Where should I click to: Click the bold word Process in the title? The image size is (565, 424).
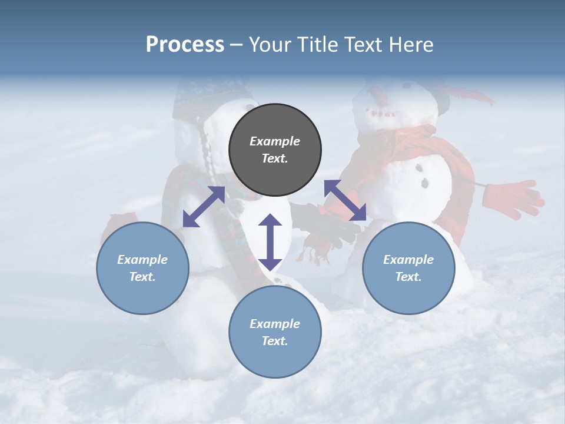pos(185,45)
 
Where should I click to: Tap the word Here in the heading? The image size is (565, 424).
pos(413,45)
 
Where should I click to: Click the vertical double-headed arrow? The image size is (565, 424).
pos(270,242)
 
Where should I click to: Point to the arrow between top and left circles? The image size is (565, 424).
pos(204,207)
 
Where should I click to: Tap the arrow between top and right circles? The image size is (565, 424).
pos(345,200)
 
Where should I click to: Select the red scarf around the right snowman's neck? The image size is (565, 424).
pos(412,144)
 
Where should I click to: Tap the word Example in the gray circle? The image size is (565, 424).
pos(275,141)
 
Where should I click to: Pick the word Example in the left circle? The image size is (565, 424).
pos(142,260)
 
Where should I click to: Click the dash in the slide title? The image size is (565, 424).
pos(237,45)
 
